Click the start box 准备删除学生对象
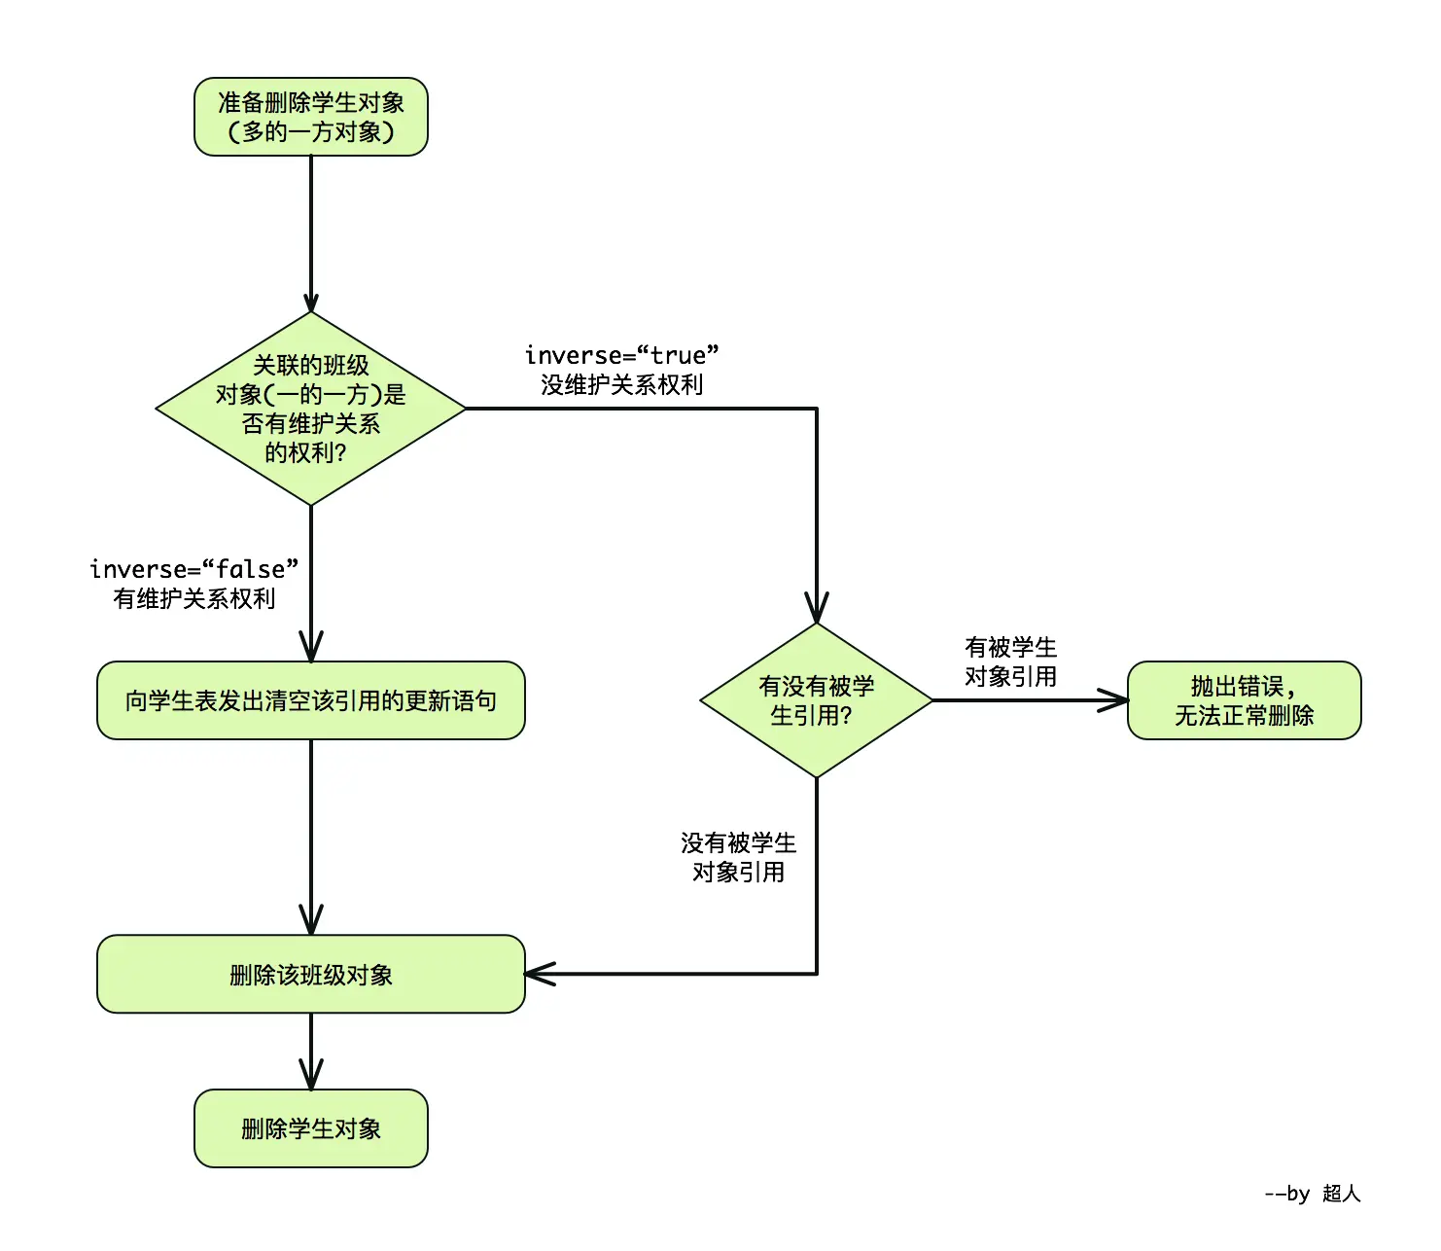click(x=311, y=117)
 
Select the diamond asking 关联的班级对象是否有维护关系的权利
click(x=311, y=409)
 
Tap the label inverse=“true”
click(x=621, y=355)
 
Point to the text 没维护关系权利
click(x=621, y=385)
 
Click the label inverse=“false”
click(x=193, y=569)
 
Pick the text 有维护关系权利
click(x=193, y=599)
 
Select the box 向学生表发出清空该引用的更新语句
click(x=311, y=700)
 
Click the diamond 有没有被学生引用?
click(x=816, y=700)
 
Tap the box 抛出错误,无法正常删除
click(x=1244, y=700)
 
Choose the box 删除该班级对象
click(x=311, y=975)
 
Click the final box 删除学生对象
click(x=311, y=1128)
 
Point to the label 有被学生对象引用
click(x=1010, y=661)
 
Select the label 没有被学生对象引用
click(x=738, y=857)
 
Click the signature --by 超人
click(x=1312, y=1194)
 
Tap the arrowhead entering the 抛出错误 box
click(x=1115, y=700)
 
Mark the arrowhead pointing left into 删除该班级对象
click(x=538, y=974)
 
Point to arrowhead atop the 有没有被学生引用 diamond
click(x=817, y=609)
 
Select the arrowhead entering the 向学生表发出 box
click(x=311, y=648)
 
